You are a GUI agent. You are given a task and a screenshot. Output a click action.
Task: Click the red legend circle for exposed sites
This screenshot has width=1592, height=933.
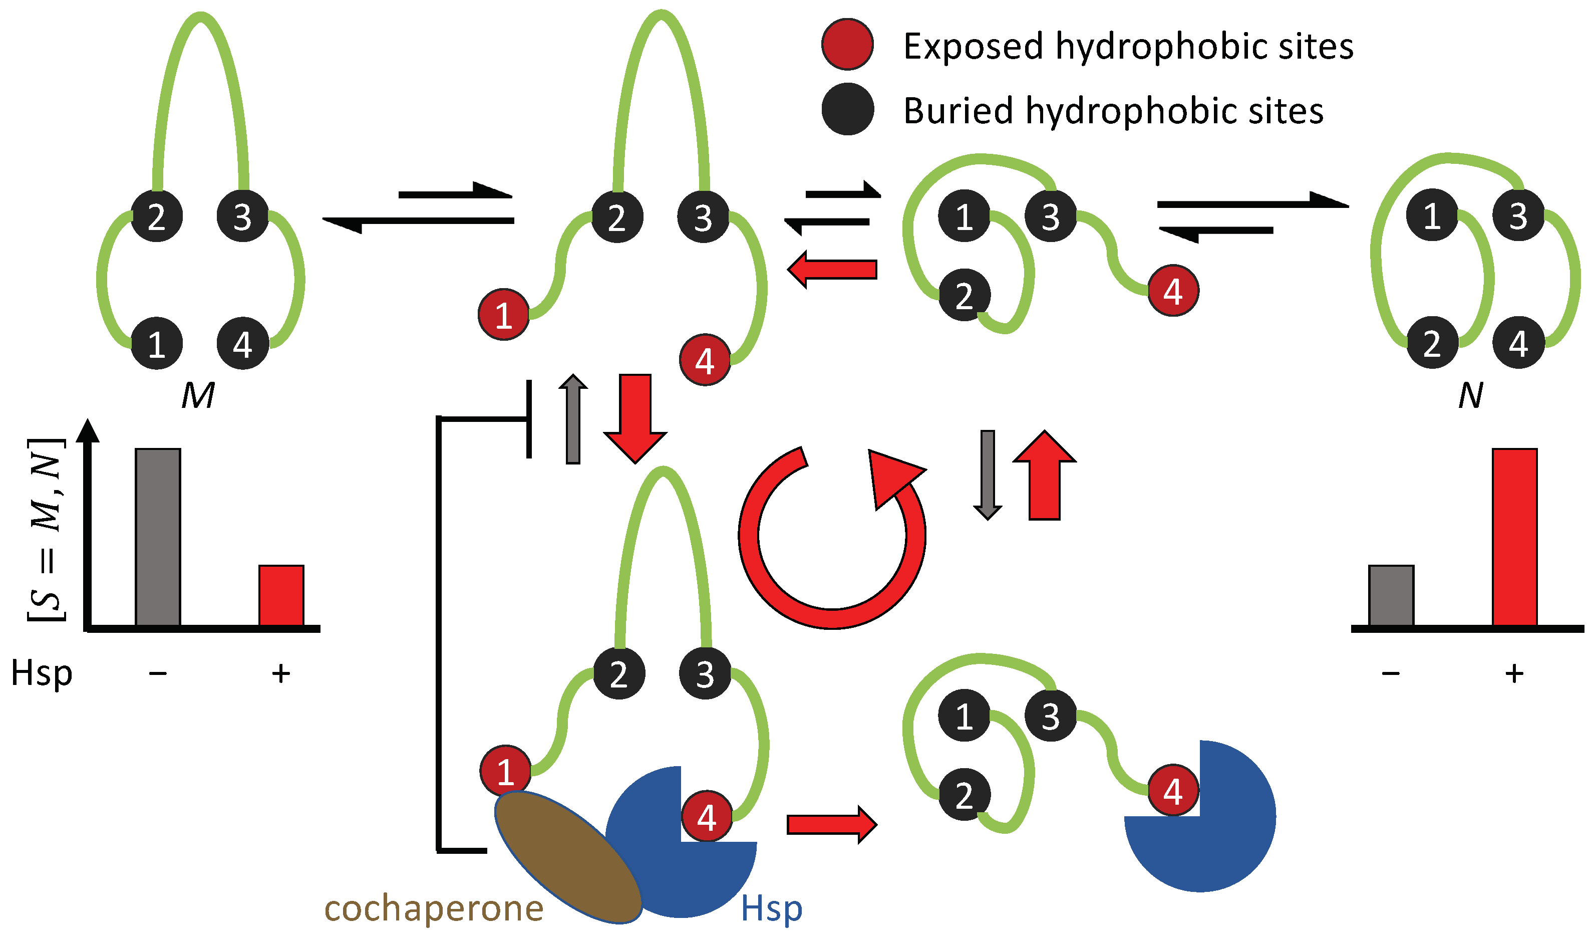[847, 44]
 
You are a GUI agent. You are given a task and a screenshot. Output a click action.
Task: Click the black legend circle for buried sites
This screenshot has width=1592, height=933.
[847, 109]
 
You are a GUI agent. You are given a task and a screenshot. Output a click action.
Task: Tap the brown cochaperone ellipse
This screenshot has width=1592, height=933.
[568, 856]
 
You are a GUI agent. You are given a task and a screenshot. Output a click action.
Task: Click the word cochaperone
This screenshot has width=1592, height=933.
[433, 908]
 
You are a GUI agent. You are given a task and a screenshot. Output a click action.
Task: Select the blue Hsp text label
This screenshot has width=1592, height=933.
[771, 909]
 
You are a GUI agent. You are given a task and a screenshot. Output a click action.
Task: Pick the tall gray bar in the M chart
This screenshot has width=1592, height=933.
[158, 537]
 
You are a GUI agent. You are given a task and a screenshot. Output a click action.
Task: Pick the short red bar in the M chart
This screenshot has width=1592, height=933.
[281, 595]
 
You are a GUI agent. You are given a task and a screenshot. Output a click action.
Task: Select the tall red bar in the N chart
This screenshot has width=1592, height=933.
[1514, 537]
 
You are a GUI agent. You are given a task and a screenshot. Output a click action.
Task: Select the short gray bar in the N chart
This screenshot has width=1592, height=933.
[1391, 595]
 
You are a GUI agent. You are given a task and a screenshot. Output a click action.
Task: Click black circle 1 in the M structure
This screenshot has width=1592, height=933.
[157, 343]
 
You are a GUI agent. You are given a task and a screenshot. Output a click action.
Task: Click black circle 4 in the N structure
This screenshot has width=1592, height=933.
[1518, 343]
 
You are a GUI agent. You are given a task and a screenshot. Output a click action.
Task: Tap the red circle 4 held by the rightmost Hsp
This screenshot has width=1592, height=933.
[1172, 790]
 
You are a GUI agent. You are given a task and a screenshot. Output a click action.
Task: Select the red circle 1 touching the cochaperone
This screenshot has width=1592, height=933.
[505, 771]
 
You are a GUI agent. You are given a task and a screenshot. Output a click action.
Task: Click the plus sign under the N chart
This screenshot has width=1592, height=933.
[1514, 673]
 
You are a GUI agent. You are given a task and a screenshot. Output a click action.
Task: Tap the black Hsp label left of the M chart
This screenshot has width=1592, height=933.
[42, 673]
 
